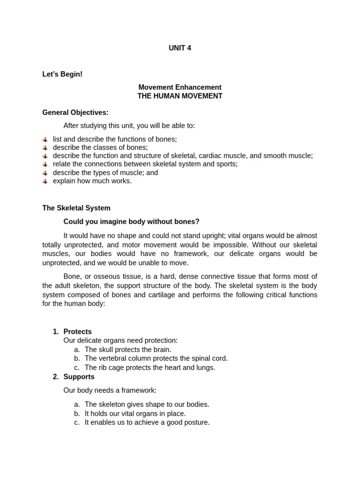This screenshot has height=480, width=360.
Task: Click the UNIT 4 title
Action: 180,48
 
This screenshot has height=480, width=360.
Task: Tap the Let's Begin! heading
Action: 62,74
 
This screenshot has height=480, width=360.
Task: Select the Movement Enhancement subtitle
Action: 180,87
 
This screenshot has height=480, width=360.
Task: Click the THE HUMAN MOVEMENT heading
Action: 180,96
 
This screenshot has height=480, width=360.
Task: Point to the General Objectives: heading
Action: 75,112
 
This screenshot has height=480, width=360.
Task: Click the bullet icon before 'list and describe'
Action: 45,139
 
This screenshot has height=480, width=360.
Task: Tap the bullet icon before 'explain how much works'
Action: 45,181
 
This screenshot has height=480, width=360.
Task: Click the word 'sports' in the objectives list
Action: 226,164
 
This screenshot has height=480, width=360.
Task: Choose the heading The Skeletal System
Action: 76,208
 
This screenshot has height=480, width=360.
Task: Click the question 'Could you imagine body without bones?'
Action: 131,221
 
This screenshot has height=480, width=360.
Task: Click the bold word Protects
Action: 77,331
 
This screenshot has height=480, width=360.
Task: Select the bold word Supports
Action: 79,376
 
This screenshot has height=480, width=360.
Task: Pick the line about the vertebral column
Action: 156,358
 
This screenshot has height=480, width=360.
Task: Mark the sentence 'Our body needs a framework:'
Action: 110,390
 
